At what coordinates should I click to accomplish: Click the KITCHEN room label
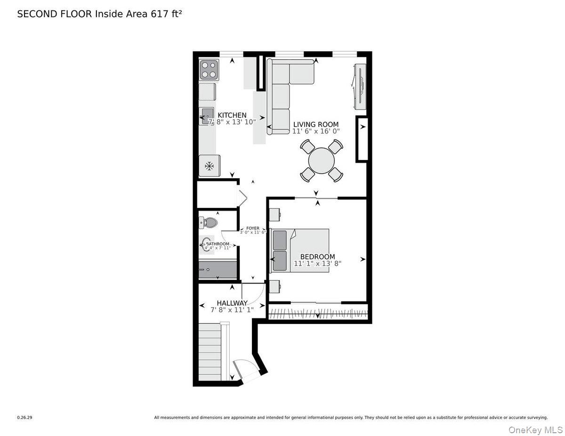(232, 115)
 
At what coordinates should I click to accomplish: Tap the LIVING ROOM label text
(315, 125)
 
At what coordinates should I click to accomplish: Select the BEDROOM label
(317, 256)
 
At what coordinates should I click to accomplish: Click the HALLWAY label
(232, 303)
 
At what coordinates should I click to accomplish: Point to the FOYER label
(253, 228)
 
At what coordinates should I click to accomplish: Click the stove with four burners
(209, 70)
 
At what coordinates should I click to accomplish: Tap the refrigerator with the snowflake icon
(209, 166)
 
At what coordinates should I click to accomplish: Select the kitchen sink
(208, 115)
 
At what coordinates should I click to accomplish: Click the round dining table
(322, 161)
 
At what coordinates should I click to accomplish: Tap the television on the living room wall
(360, 85)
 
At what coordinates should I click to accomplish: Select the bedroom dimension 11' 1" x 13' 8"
(317, 264)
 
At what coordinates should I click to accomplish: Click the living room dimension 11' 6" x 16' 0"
(315, 132)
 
